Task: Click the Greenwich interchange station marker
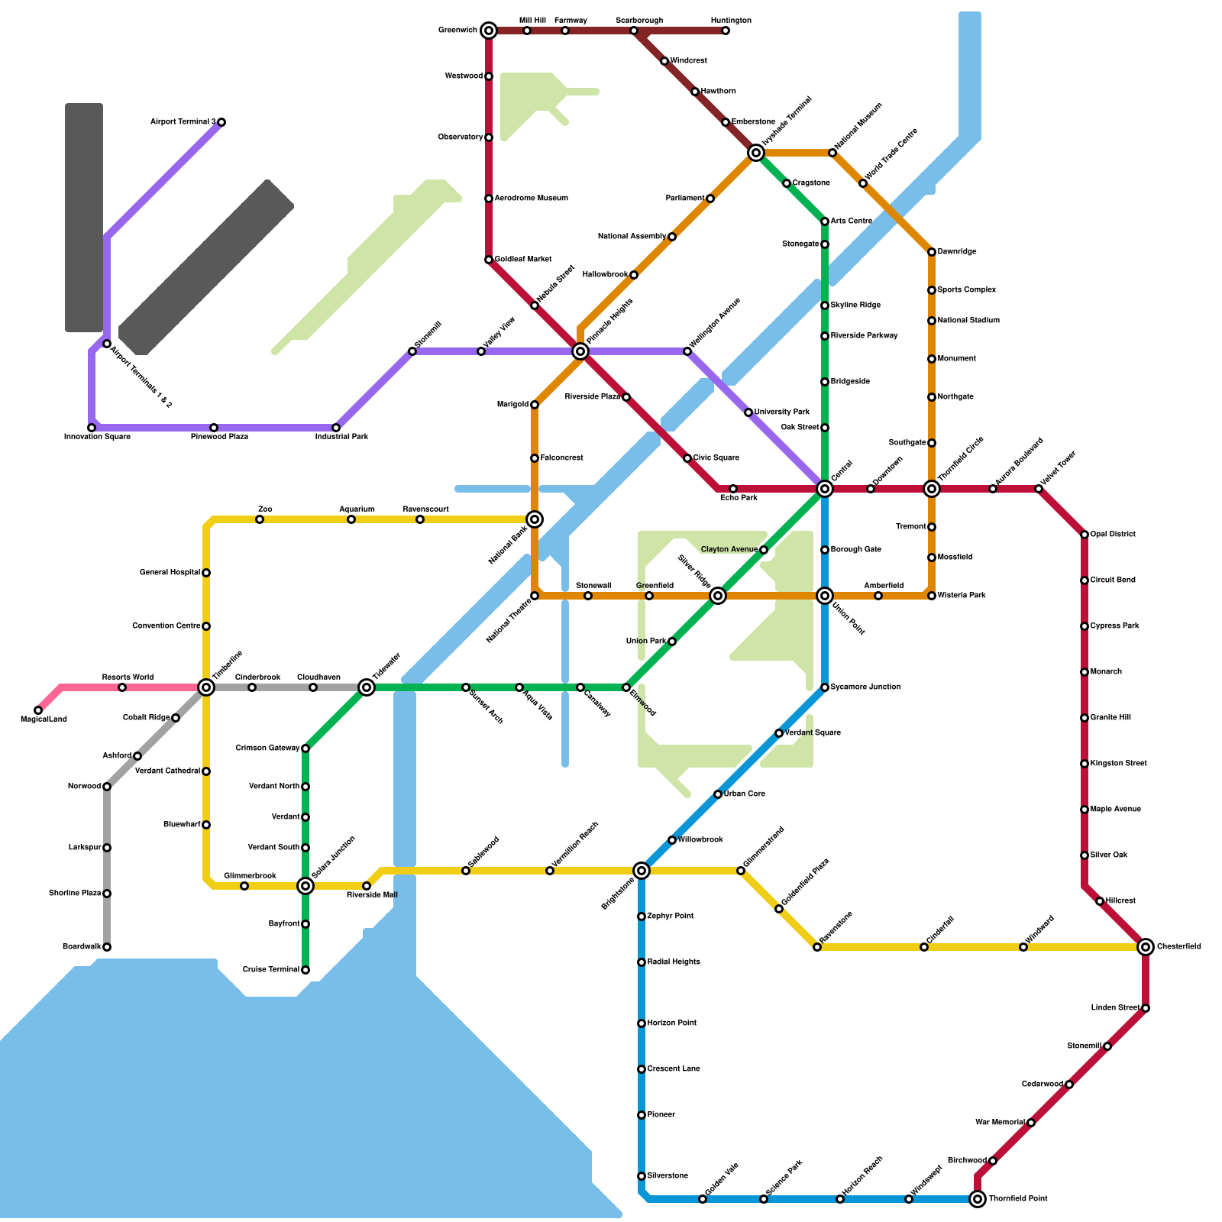(489, 31)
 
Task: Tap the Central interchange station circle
(825, 489)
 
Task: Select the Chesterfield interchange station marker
(1146, 947)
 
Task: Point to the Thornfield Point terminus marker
(978, 1199)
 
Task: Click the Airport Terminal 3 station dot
(221, 122)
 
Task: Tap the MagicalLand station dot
(38, 710)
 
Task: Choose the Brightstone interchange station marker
(642, 871)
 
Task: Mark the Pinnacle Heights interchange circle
(580, 351)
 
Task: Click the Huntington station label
(731, 21)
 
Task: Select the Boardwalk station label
(82, 947)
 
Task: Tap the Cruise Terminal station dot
(305, 970)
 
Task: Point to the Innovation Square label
(97, 437)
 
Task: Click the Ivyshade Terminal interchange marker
(756, 153)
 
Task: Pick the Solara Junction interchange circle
(305, 886)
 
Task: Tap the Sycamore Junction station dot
(825, 687)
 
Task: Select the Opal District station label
(1113, 535)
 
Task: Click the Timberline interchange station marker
(206, 687)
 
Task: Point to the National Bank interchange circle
(535, 519)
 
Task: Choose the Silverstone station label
(668, 1176)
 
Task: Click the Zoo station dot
(260, 519)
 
